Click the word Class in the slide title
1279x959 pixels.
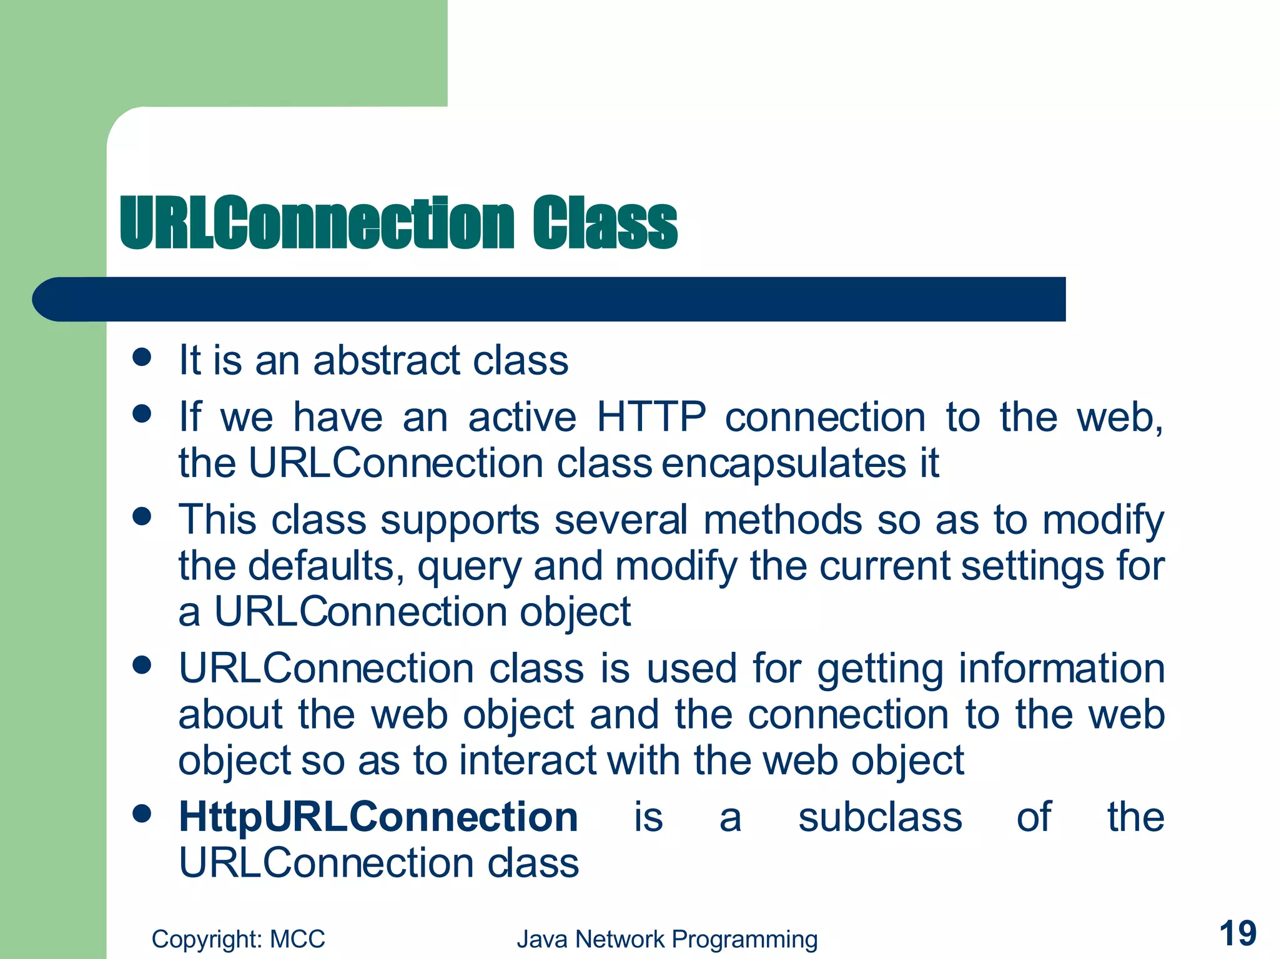(604, 224)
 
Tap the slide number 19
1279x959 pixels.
(1237, 934)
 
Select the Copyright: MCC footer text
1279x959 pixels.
(238, 939)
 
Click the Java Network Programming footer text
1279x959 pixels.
(666, 939)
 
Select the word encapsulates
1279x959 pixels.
(783, 463)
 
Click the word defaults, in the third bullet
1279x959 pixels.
(326, 566)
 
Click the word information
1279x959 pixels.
(1062, 668)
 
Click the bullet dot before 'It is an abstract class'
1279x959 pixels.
(142, 357)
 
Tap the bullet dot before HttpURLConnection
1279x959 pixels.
(142, 814)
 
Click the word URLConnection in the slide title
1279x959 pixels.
(317, 224)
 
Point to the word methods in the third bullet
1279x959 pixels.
(783, 519)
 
